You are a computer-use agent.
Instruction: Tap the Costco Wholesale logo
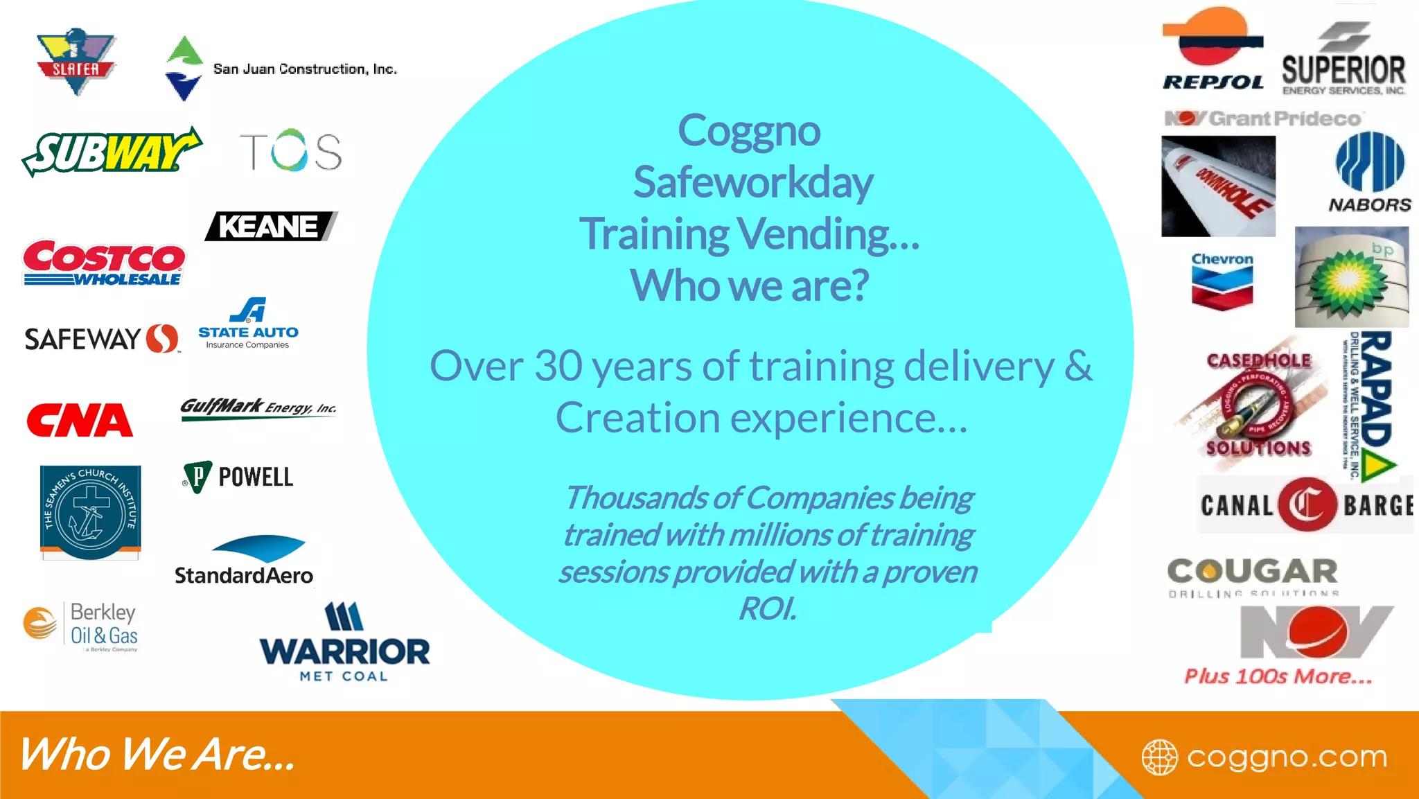(104, 263)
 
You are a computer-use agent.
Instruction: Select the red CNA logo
(80, 421)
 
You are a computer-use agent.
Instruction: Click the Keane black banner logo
(271, 227)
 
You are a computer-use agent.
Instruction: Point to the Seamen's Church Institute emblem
(90, 512)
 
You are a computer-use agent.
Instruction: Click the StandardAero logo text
(244, 575)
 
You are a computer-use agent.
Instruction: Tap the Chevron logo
(1222, 281)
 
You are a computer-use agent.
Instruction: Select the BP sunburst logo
(1350, 278)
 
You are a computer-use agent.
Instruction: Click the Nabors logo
(1370, 173)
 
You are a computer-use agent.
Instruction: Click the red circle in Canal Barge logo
(1307, 504)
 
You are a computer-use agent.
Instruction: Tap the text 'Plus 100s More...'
(1278, 676)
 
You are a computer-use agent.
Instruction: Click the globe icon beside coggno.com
(1159, 757)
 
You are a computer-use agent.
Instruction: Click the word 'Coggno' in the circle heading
(749, 130)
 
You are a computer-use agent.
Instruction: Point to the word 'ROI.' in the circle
(768, 608)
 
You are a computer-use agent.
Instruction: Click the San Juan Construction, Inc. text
(305, 69)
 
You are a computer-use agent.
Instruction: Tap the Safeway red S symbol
(162, 339)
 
